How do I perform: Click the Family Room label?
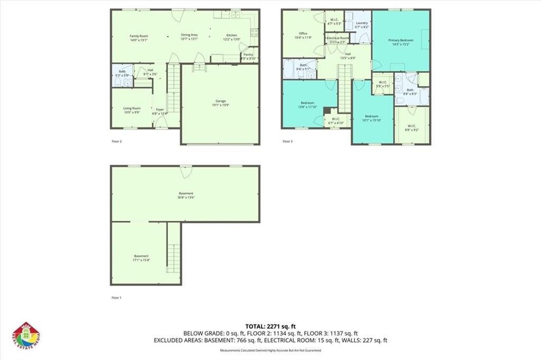click(x=139, y=35)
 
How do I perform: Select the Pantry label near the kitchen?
click(x=248, y=54)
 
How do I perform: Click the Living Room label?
click(x=132, y=108)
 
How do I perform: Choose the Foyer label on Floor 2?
click(x=159, y=109)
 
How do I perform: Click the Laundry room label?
click(x=361, y=23)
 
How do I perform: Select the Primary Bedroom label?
click(x=400, y=40)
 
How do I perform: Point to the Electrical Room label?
click(x=337, y=38)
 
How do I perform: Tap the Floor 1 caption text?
click(x=117, y=298)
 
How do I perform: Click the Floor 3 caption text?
click(x=287, y=141)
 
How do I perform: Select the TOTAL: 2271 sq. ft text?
click(x=270, y=326)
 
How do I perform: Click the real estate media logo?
click(x=26, y=336)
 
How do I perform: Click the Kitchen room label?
click(x=232, y=35)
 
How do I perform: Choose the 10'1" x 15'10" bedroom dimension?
click(x=372, y=120)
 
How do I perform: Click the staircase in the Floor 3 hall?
click(x=344, y=87)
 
